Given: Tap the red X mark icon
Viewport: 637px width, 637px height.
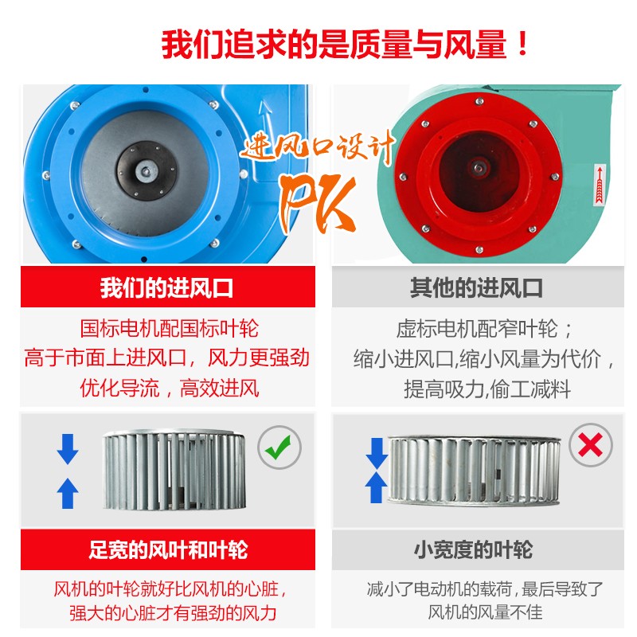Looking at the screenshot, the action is pyautogui.click(x=590, y=445).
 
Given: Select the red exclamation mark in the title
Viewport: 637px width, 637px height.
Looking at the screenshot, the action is pyautogui.click(x=523, y=44).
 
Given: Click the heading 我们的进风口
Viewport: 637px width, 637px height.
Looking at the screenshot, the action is pyautogui.click(x=167, y=287).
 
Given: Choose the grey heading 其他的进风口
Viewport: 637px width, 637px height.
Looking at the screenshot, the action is pyautogui.click(x=476, y=287).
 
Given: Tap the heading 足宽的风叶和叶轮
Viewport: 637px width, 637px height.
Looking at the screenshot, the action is pyautogui.click(x=168, y=549).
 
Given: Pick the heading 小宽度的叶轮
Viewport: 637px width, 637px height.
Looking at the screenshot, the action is pyautogui.click(x=473, y=549).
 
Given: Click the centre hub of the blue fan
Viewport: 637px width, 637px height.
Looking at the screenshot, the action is pyautogui.click(x=146, y=170).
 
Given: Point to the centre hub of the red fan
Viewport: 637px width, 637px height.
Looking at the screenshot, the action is pyautogui.click(x=478, y=166).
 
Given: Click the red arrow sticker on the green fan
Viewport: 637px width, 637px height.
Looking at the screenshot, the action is pyautogui.click(x=600, y=185).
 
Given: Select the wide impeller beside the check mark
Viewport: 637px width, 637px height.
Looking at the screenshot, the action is pyautogui.click(x=174, y=471).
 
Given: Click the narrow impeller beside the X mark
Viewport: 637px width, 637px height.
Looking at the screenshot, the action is pyautogui.click(x=474, y=471).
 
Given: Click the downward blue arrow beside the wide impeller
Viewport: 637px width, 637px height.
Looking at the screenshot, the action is pyautogui.click(x=68, y=449).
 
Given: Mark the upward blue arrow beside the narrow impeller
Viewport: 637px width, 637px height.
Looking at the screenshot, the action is pyautogui.click(x=376, y=487).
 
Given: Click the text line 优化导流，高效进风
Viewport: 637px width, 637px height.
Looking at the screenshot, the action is pyautogui.click(x=169, y=388).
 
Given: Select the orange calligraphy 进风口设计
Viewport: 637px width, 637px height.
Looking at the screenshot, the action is pyautogui.click(x=317, y=147).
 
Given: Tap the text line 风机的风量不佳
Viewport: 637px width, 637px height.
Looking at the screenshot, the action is pyautogui.click(x=485, y=612).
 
